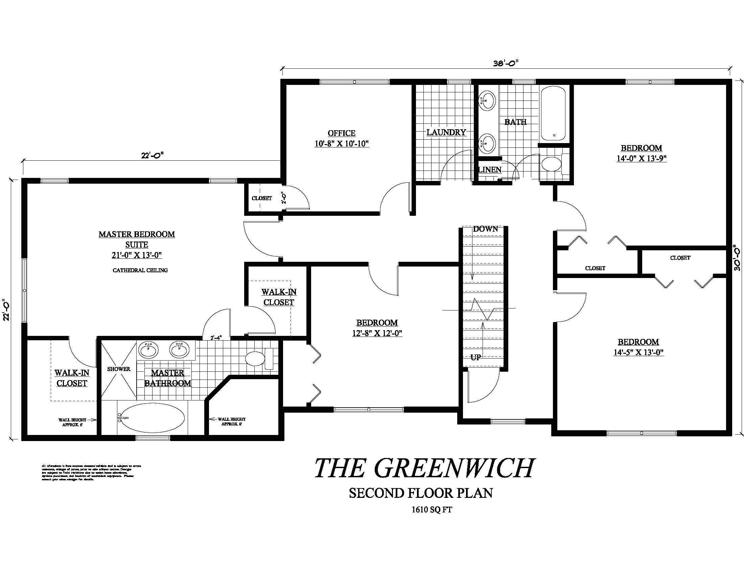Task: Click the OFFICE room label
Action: click(x=341, y=133)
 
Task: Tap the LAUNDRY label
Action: click(x=446, y=133)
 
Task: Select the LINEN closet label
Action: click(x=490, y=170)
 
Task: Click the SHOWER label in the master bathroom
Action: click(x=119, y=369)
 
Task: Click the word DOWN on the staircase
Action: click(x=485, y=229)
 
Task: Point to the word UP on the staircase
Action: click(x=475, y=357)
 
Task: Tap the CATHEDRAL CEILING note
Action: click(x=140, y=270)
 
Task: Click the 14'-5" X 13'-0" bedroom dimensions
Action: click(x=638, y=352)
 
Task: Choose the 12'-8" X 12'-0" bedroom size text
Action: click(x=377, y=333)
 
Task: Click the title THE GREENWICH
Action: click(x=424, y=468)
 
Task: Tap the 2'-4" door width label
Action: click(x=216, y=338)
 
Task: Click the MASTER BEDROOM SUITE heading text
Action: click(x=137, y=239)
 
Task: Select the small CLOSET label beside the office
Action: click(x=262, y=198)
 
